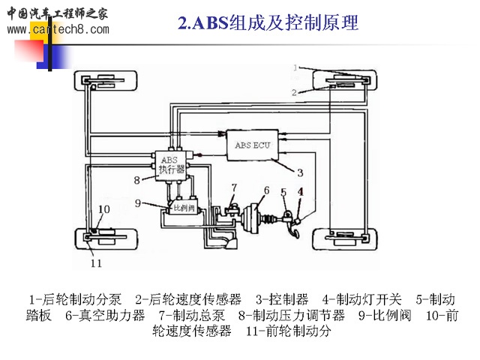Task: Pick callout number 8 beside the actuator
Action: pos(137,179)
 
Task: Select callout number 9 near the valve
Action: pos(137,201)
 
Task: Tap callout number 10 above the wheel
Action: pos(103,209)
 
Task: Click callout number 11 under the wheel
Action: pos(95,262)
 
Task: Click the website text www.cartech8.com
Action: pos(57,30)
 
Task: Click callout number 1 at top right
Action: pos(296,68)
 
